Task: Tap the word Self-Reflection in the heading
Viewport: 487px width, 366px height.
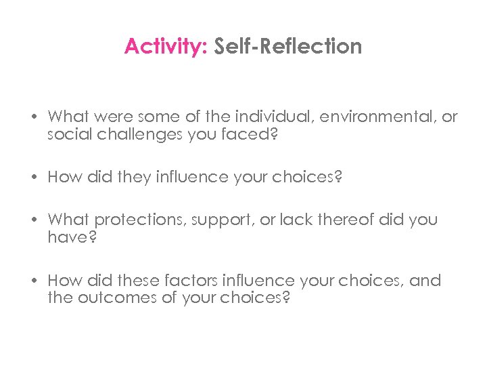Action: click(x=288, y=47)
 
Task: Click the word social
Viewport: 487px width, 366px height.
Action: click(x=68, y=134)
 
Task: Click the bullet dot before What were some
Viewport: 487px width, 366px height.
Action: click(x=32, y=118)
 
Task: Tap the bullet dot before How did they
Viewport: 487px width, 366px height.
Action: click(x=32, y=178)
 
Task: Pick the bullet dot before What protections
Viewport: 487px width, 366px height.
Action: click(x=32, y=220)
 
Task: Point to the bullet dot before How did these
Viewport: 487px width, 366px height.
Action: click(x=32, y=281)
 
